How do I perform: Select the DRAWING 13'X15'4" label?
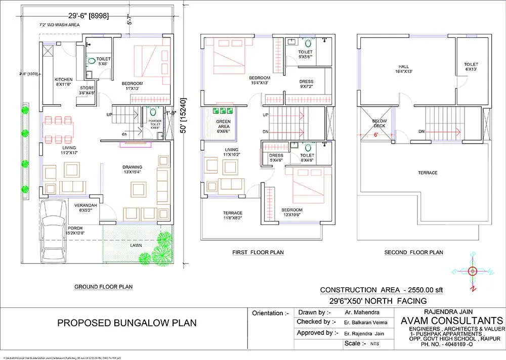(x=132, y=170)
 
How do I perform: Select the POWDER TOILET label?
(x=154, y=124)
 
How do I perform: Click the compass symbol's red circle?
(x=473, y=271)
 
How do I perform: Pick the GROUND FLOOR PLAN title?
(x=103, y=287)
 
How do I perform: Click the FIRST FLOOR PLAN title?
(x=258, y=252)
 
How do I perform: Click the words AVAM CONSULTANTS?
(x=451, y=321)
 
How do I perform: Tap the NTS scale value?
(x=361, y=343)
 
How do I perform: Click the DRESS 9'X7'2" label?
(x=306, y=84)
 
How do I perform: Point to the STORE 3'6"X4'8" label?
(x=87, y=90)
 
